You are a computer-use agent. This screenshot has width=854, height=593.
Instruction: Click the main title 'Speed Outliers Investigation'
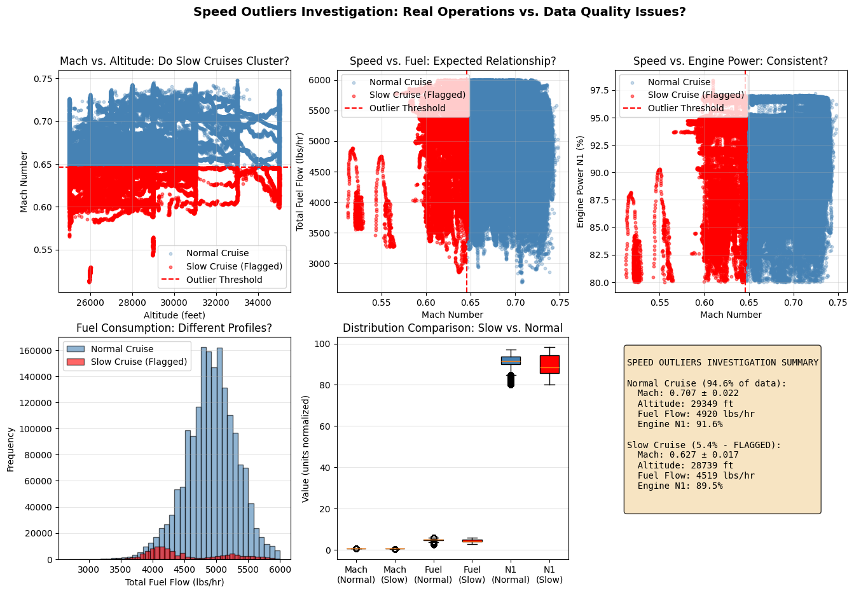click(439, 12)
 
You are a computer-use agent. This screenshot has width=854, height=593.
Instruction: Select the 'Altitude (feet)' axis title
click(174, 315)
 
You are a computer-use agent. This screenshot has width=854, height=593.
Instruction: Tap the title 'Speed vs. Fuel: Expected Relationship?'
click(453, 62)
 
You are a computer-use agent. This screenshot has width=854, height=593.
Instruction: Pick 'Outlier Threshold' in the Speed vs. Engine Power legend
click(685, 108)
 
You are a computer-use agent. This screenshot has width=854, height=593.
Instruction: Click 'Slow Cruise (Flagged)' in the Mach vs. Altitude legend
click(234, 266)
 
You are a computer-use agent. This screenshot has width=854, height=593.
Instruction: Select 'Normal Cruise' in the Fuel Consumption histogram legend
click(122, 349)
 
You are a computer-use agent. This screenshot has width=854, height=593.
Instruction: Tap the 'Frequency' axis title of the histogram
click(11, 449)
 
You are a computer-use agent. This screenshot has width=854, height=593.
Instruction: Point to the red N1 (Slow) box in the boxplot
click(549, 364)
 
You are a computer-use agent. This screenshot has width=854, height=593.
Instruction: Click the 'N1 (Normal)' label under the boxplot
click(511, 575)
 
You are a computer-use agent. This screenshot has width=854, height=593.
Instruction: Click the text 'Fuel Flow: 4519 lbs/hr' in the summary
click(696, 475)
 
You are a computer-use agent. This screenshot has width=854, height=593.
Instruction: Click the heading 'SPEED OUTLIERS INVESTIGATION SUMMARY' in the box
click(722, 363)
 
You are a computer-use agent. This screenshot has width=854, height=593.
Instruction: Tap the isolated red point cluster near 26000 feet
click(90, 275)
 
